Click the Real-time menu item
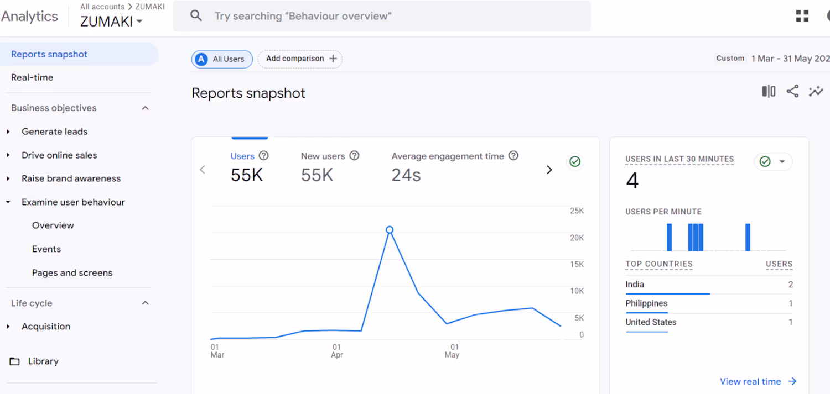(32, 77)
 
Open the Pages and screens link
(72, 272)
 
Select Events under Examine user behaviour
(46, 249)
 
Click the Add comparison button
(300, 59)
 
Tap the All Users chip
(222, 59)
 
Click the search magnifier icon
(196, 16)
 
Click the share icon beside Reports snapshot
(792, 92)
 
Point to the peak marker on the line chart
(390, 230)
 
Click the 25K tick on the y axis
(577, 211)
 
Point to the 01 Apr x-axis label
(336, 351)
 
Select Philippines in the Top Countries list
(646, 303)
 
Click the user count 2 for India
(790, 285)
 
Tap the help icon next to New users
(354, 156)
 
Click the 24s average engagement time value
(406, 175)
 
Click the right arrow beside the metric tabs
(549, 170)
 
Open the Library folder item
(43, 361)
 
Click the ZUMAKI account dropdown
(111, 22)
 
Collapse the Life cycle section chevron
(146, 303)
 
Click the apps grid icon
(802, 16)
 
